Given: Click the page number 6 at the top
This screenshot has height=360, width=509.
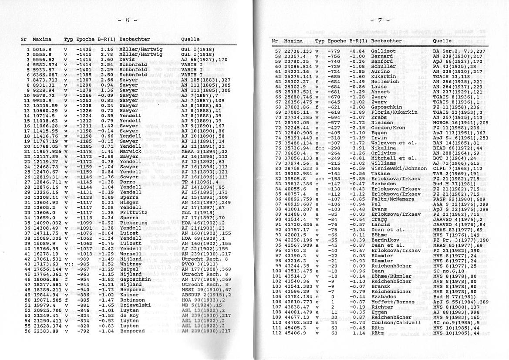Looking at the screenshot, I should tap(128, 20).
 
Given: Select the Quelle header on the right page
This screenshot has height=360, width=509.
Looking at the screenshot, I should tap(442, 41).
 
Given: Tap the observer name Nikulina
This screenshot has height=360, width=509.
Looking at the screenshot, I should tap(383, 148).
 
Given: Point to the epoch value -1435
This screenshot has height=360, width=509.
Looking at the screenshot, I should tap(84, 50).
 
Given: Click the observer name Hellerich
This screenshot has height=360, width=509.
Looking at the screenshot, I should tap(385, 82).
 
